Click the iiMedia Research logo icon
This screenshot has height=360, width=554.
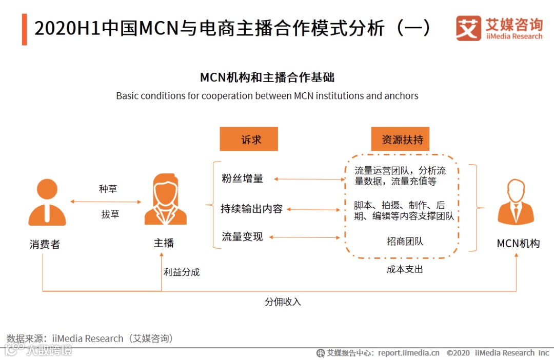(x=468, y=28)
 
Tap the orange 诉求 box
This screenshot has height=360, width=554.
(x=249, y=139)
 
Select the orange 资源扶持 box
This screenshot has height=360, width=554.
(x=400, y=139)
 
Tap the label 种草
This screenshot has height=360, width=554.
(x=108, y=189)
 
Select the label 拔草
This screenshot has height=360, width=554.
(x=110, y=214)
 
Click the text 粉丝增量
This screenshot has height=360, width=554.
(x=242, y=178)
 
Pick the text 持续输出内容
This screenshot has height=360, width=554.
(x=251, y=209)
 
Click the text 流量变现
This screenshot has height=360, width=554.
(x=242, y=236)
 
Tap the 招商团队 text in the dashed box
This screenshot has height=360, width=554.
(x=405, y=241)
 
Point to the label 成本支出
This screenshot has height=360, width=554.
(x=405, y=269)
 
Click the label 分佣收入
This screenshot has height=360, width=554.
(x=283, y=302)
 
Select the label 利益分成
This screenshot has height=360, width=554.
(x=182, y=272)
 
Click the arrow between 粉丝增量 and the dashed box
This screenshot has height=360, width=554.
(x=310, y=179)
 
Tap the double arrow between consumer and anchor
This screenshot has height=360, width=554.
(x=105, y=202)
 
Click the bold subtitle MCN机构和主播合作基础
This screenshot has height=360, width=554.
(x=267, y=77)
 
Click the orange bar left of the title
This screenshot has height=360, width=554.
(x=24, y=29)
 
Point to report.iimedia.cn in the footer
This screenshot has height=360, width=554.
(x=408, y=353)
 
